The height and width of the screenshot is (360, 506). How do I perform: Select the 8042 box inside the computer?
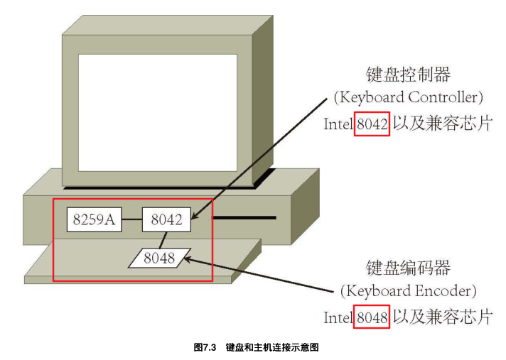click(x=167, y=220)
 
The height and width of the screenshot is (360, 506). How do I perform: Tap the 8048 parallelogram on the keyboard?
click(x=159, y=258)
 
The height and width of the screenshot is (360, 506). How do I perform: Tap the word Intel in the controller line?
click(x=339, y=122)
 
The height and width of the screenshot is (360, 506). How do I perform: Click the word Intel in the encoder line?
click(x=339, y=315)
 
